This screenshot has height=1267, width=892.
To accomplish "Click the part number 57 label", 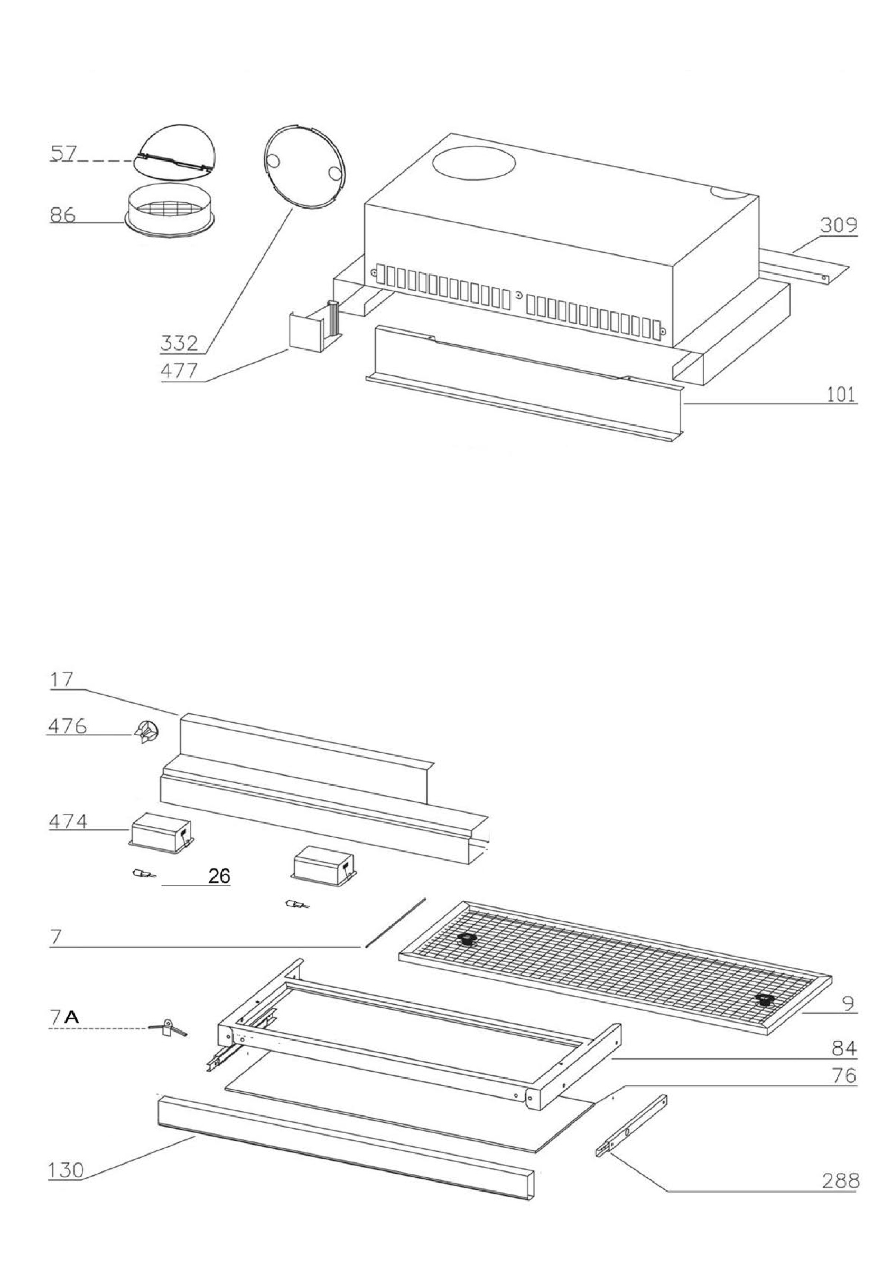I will click(x=62, y=153).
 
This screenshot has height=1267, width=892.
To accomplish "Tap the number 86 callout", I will click(x=62, y=215).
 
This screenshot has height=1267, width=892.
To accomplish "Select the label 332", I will click(x=179, y=344).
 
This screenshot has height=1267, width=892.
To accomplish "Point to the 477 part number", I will click(x=179, y=371).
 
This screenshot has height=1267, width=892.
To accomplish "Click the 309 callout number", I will click(x=838, y=226).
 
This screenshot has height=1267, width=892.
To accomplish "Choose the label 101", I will click(x=841, y=395).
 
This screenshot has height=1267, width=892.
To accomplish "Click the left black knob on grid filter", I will click(x=468, y=940).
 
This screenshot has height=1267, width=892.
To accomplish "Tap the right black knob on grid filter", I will click(x=765, y=998).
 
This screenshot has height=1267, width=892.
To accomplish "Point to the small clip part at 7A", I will click(x=168, y=1028).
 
